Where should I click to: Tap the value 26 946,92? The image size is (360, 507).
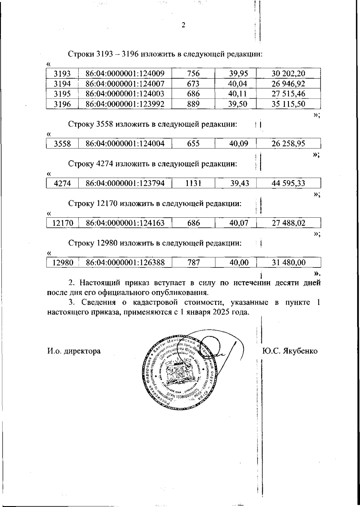click(288, 84)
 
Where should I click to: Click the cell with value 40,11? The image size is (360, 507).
click(237, 94)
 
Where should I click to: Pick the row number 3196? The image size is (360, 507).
click(62, 104)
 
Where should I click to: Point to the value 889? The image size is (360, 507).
click(193, 104)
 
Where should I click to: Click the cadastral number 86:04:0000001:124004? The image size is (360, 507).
click(125, 143)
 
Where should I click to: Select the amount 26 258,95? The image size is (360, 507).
click(288, 143)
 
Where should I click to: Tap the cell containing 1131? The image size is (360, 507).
click(193, 183)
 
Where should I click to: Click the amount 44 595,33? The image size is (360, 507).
click(288, 183)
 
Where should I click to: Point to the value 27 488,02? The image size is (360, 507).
click(288, 223)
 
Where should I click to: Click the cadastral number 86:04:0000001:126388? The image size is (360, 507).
click(125, 263)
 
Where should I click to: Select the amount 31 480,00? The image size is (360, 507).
click(288, 263)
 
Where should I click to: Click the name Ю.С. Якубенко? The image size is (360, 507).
click(289, 351)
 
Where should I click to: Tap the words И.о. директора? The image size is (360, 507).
click(74, 351)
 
